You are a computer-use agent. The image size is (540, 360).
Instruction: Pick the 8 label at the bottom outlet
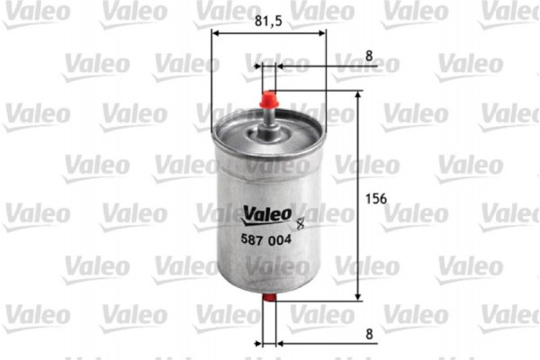369,333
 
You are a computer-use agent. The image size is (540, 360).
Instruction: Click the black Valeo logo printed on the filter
265,213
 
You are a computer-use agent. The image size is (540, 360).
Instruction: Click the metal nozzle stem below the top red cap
269,117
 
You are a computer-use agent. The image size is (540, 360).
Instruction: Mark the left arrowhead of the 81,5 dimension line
216,34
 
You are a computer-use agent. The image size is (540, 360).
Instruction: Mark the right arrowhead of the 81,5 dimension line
322,34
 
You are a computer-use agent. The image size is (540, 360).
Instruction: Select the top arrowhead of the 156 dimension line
358,94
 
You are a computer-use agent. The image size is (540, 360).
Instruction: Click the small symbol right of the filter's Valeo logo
301,216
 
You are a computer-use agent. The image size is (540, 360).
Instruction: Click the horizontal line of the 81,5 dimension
269,34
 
